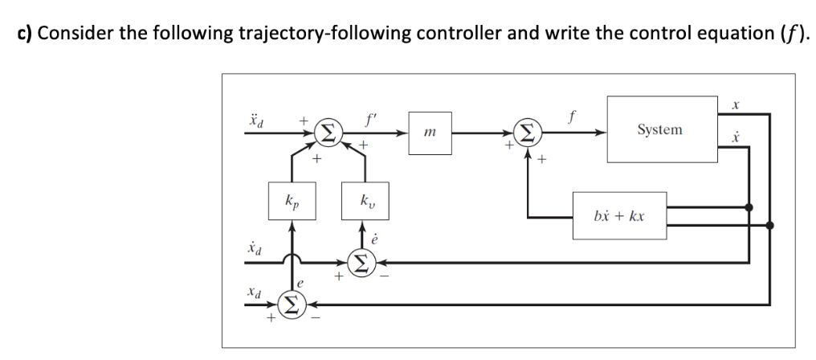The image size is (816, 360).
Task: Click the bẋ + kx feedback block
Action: (x=618, y=215)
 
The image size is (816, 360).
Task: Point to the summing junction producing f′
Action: (x=328, y=130)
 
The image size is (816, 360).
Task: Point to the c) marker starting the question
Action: (x=26, y=34)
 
